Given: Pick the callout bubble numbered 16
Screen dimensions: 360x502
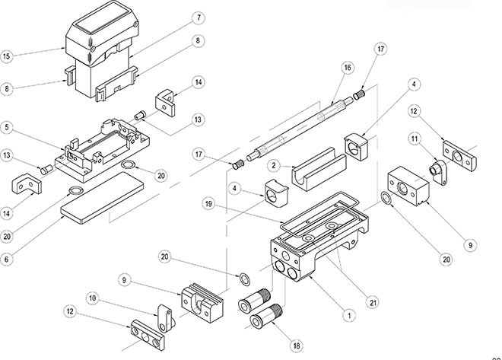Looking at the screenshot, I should click(347, 68).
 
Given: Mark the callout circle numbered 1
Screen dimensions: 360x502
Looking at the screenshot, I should click(349, 314).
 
